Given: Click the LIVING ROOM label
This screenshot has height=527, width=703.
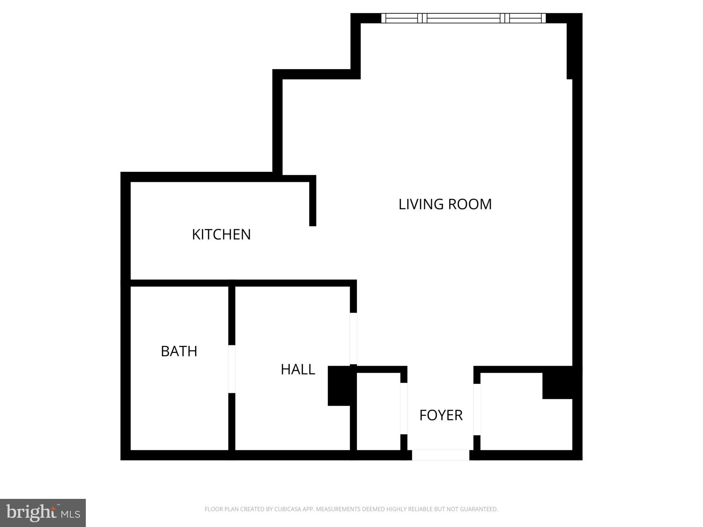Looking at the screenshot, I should [445, 204].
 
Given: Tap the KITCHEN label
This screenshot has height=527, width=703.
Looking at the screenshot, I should [221, 235].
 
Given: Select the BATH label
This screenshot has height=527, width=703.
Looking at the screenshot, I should [179, 351].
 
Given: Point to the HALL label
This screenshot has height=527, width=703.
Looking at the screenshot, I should [298, 370].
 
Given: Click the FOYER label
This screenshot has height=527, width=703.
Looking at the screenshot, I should [441, 415].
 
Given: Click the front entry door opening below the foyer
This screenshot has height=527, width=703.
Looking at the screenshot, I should [440, 455].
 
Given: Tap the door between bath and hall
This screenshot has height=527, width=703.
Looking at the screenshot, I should [232, 369].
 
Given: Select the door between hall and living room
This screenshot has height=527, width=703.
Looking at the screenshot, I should [353, 338].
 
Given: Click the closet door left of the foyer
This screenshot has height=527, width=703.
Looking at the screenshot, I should [404, 408].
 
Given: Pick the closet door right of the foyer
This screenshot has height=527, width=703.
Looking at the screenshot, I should [477, 409].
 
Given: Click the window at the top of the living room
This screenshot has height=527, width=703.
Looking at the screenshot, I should [463, 18].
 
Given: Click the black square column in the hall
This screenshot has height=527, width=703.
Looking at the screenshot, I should [339, 386].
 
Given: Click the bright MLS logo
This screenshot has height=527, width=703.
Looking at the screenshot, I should [43, 513].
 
